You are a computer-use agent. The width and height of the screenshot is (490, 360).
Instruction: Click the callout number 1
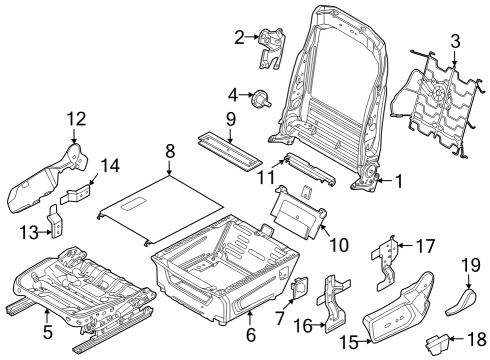tap(399, 181)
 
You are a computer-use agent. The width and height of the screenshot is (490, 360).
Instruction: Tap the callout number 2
tap(239, 38)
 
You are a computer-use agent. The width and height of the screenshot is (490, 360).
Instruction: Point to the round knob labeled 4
tap(264, 98)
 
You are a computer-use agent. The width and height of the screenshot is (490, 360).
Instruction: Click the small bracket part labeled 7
tap(298, 287)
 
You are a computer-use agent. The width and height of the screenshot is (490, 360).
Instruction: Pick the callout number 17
tap(426, 245)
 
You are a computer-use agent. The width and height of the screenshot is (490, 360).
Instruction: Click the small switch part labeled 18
tap(436, 345)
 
